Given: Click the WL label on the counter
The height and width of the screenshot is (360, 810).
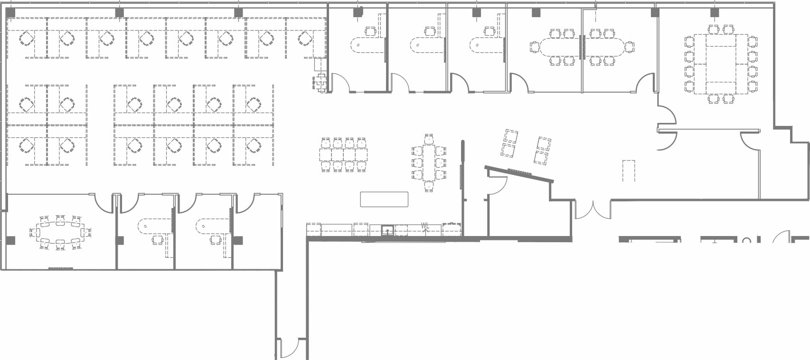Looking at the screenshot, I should pos(425,226).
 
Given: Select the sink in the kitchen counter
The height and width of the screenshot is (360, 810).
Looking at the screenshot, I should pos(388,231).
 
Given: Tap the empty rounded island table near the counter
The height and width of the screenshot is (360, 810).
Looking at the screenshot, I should pos(384,199).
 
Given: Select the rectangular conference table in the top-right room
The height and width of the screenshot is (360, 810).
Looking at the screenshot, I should pos(721,64).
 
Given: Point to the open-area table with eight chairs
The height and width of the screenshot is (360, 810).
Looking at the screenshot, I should pos(343,154).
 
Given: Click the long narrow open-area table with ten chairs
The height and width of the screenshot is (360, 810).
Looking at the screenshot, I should pos(429,162).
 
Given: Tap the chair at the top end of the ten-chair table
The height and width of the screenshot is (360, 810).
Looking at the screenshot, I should pos(429,139).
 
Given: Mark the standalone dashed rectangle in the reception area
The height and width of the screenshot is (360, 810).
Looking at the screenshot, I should pos(629,171).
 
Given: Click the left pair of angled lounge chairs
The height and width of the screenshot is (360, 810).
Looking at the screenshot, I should pos(509,143).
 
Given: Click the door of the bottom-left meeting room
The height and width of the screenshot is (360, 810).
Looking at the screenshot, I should pos(103,203).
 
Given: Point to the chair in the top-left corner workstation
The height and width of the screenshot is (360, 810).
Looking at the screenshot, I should pos(27,38).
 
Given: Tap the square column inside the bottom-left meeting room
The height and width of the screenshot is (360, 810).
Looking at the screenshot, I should pos(10,241).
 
